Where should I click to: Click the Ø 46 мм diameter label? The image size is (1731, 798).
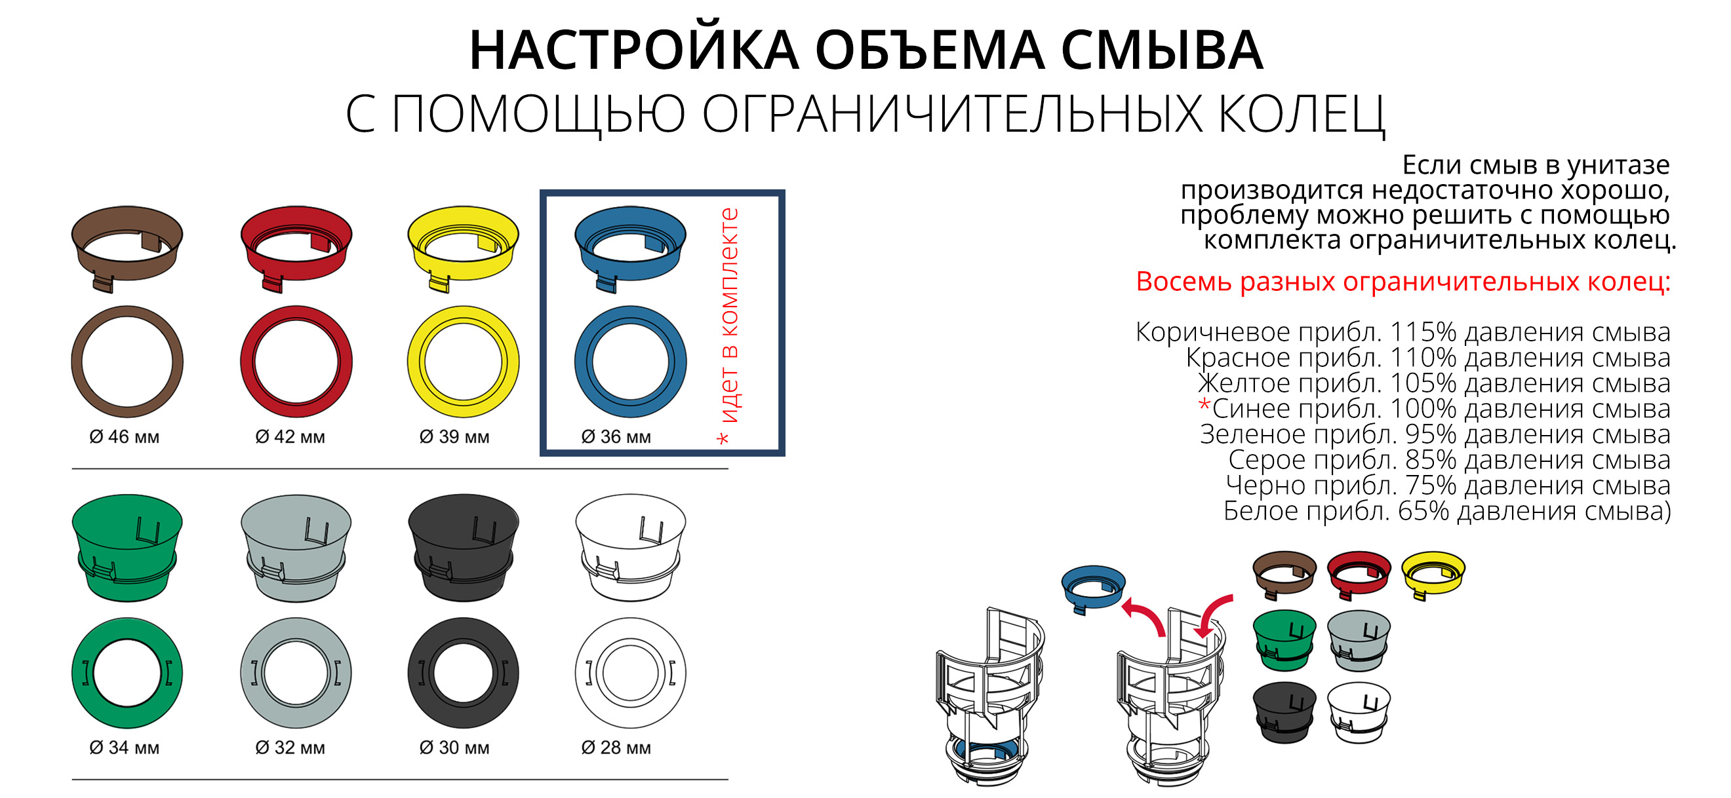point(125,437)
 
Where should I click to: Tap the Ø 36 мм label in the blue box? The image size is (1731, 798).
point(616,437)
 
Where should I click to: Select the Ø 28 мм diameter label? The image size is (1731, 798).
point(616,748)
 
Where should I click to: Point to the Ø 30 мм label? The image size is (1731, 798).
point(454,748)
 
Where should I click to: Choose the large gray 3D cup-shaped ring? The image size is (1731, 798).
point(296,548)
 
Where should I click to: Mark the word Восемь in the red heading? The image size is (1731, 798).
point(1183,282)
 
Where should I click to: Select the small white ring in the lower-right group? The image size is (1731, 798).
point(1359,712)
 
